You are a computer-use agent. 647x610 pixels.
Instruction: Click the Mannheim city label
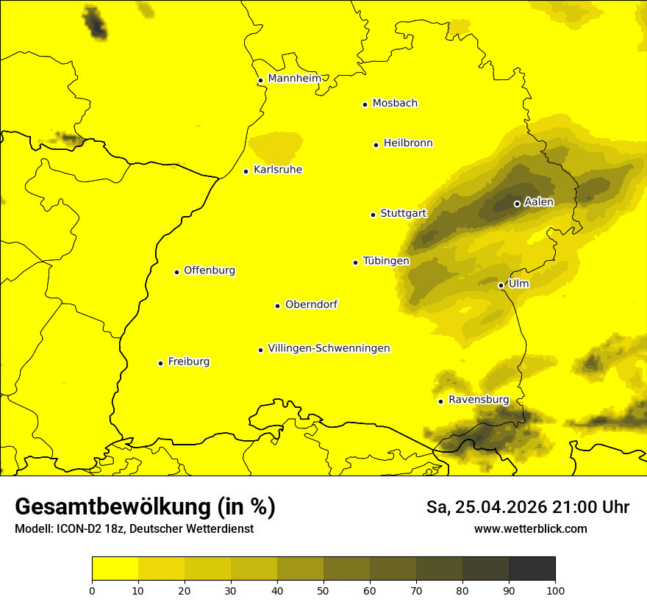pyautogui.click(x=294, y=78)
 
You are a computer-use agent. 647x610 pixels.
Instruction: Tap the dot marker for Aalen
pyautogui.click(x=517, y=204)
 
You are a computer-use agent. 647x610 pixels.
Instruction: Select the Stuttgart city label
pyautogui.click(x=403, y=213)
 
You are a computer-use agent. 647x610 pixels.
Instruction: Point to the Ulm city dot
pyautogui.click(x=501, y=285)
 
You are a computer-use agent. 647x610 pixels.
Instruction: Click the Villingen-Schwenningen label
pyautogui.click(x=329, y=348)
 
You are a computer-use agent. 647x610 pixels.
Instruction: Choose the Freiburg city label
pyautogui.click(x=188, y=362)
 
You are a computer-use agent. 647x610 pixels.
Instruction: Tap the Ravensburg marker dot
pyautogui.click(x=440, y=401)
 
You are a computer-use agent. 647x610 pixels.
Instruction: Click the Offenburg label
pyautogui.click(x=210, y=270)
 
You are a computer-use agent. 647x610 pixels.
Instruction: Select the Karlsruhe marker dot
pyautogui.click(x=246, y=171)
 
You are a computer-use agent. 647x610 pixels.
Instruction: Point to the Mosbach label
pyautogui.click(x=395, y=103)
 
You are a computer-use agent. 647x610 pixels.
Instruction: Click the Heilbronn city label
pyautogui.click(x=408, y=143)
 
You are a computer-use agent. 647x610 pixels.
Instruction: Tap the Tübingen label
pyautogui.click(x=386, y=261)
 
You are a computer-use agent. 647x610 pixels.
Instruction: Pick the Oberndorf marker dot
pyautogui.click(x=277, y=306)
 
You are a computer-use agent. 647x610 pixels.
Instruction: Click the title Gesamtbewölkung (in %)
pyautogui.click(x=145, y=506)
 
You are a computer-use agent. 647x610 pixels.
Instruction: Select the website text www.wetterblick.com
pyautogui.click(x=530, y=528)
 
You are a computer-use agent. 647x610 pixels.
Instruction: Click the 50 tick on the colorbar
pyautogui.click(x=323, y=589)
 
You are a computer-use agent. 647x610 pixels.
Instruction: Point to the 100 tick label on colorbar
pyautogui.click(x=555, y=589)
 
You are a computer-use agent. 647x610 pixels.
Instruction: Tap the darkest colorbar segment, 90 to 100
pyautogui.click(x=532, y=568)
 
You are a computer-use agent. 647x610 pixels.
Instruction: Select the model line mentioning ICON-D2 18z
pyautogui.click(x=134, y=528)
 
